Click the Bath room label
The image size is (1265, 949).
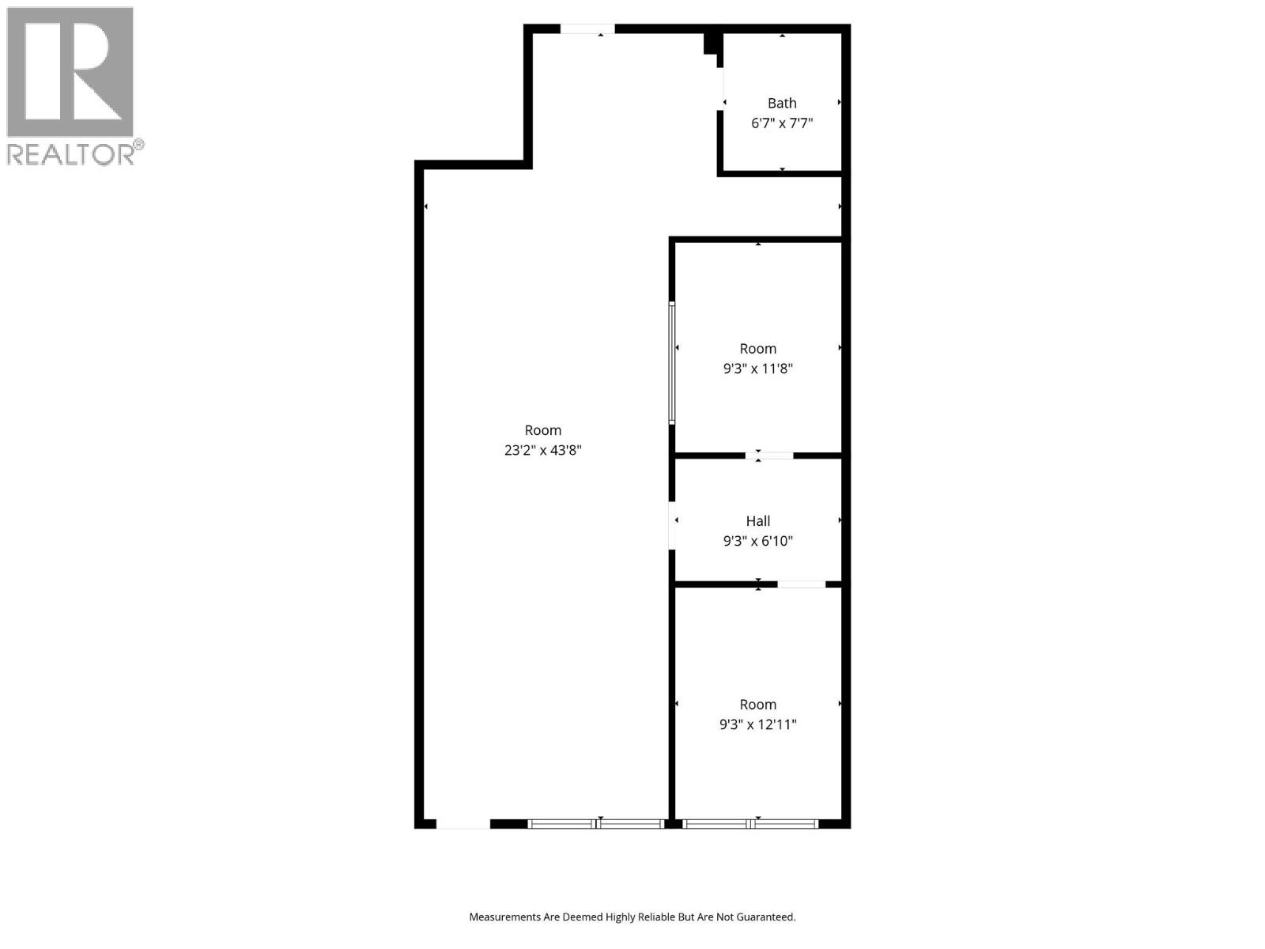point(782,103)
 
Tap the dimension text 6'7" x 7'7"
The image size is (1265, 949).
point(782,123)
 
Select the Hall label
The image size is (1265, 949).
point(757,521)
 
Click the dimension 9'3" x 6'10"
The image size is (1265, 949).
point(757,542)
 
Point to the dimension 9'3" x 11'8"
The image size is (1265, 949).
point(757,369)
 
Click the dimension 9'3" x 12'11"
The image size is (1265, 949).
point(757,724)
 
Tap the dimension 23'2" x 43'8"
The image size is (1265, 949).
point(543,451)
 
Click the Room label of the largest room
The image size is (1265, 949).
point(543,430)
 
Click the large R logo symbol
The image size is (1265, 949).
point(70,73)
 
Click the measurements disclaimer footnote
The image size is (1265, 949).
point(632,917)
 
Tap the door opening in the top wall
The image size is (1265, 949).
point(587,29)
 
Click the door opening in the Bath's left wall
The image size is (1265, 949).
point(721,89)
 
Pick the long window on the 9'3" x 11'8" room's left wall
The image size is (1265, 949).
point(672,363)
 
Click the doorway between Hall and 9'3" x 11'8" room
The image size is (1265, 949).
point(769,456)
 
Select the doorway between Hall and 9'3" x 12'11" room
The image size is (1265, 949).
point(801,584)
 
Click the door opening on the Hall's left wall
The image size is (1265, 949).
point(672,525)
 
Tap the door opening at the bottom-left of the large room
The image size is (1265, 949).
point(463,824)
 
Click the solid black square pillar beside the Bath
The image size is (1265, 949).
point(711,43)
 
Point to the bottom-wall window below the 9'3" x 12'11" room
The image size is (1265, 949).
point(750,824)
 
